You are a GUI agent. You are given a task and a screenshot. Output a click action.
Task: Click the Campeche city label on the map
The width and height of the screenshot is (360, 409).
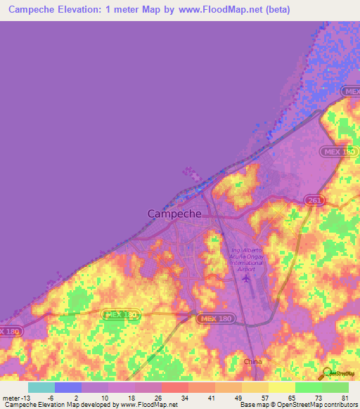(174, 214)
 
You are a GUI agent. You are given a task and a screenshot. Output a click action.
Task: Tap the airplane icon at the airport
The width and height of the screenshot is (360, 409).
(245, 279)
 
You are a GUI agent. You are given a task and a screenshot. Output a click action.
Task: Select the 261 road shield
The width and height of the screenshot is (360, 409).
(315, 201)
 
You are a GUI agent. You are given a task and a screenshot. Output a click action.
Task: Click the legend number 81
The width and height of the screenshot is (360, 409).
(345, 397)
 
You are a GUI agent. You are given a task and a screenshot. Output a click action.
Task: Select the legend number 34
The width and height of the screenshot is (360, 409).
(185, 397)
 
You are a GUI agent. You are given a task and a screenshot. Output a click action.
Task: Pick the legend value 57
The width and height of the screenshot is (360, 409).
(264, 397)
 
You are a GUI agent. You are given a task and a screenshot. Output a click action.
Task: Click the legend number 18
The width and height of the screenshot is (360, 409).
(131, 397)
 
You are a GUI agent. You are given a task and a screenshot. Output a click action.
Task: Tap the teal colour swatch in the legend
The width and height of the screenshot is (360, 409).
(41, 387)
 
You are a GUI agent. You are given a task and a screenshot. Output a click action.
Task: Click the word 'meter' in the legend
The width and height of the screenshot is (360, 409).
(10, 397)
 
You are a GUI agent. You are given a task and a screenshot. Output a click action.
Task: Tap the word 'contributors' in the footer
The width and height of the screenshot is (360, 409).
(338, 405)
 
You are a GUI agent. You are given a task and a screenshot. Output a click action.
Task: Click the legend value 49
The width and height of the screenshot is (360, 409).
(238, 397)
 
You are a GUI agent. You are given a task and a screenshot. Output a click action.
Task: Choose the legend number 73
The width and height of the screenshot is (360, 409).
(318, 397)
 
